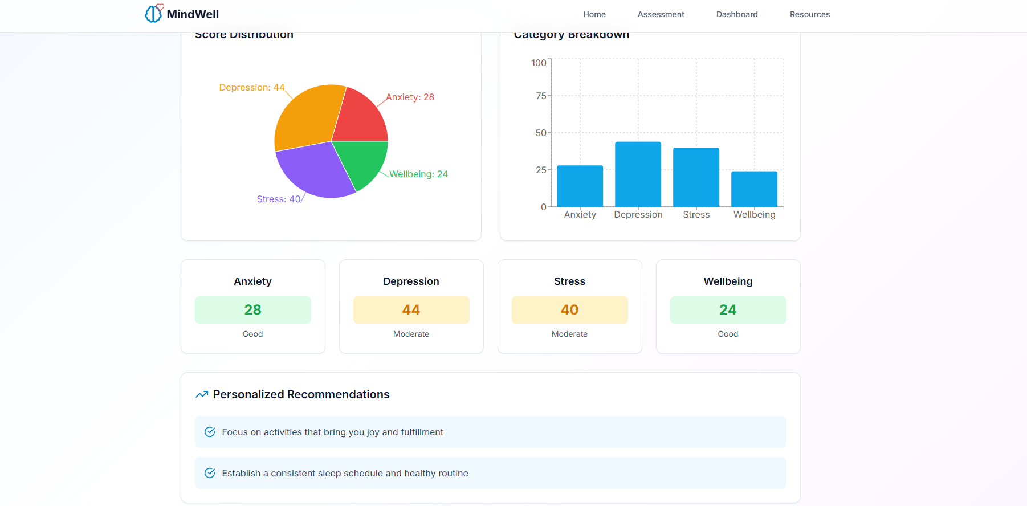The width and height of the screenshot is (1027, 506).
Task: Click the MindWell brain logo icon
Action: click(x=153, y=13)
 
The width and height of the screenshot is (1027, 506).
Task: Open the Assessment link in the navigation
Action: click(x=661, y=14)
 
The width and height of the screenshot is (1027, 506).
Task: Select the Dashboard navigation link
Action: click(x=736, y=14)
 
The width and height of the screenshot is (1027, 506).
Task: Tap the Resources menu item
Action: click(x=809, y=14)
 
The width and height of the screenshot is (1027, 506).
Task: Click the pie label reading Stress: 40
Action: click(x=278, y=199)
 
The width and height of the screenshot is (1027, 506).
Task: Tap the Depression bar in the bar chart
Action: click(x=638, y=174)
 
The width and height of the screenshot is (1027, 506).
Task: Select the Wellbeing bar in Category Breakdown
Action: click(x=754, y=189)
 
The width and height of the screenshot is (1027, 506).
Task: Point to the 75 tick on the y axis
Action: click(x=541, y=96)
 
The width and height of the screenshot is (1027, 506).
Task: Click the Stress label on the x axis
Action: click(x=696, y=214)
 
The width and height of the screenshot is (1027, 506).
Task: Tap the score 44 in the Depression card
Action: click(x=411, y=309)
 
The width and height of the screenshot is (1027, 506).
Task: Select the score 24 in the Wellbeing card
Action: click(x=728, y=309)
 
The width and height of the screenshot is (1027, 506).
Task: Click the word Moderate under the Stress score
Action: click(x=569, y=334)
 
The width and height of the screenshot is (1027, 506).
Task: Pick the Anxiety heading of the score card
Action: click(x=252, y=281)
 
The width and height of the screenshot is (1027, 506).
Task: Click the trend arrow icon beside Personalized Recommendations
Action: click(x=202, y=394)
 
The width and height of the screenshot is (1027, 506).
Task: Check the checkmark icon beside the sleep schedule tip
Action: click(x=210, y=473)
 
